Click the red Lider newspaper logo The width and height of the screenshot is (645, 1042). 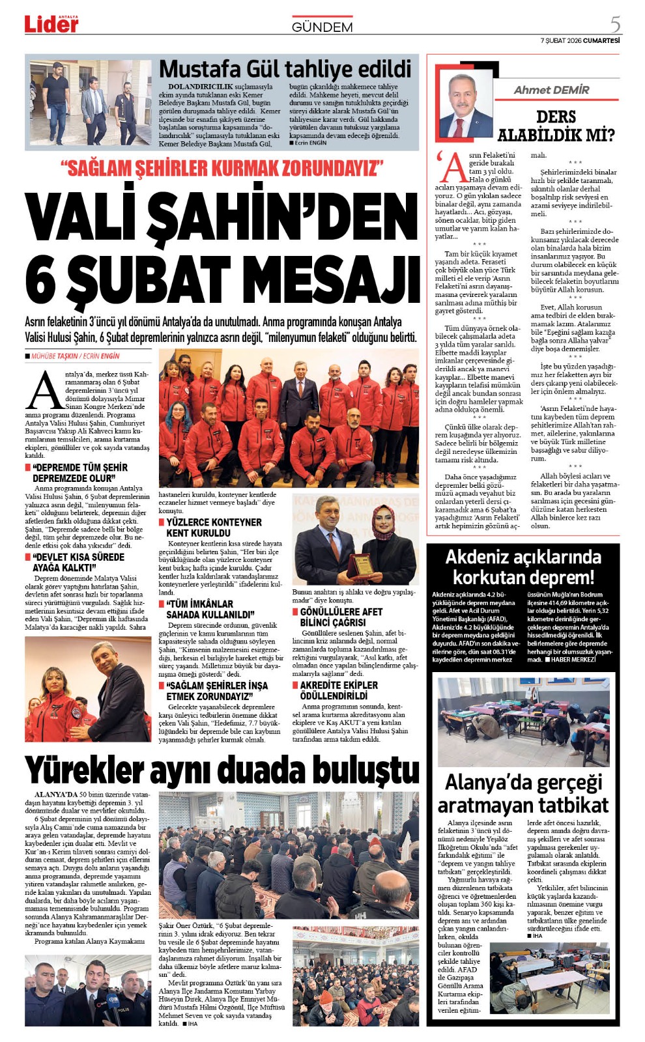[x=51, y=24]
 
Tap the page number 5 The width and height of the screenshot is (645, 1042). [x=614, y=24]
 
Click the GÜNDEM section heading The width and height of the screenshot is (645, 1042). [x=322, y=27]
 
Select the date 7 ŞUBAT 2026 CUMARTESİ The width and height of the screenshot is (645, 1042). [x=579, y=40]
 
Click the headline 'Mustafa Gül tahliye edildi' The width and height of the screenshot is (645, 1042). [x=285, y=69]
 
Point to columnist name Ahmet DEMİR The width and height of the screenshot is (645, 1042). [x=551, y=90]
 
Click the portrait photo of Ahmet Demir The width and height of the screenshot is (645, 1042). [x=465, y=104]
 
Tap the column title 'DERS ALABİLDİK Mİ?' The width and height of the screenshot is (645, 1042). [x=556, y=126]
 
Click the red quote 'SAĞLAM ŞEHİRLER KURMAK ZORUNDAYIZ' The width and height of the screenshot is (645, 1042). [x=222, y=168]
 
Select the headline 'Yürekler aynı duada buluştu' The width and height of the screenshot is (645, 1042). [x=222, y=770]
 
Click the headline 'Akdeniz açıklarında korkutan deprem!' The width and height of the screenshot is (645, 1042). [x=523, y=567]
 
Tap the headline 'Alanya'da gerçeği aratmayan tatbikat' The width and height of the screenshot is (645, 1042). [x=523, y=793]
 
